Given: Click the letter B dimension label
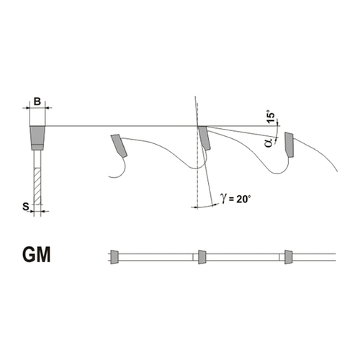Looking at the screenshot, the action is [x=37, y=102].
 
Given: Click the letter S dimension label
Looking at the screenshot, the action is [x=26, y=207].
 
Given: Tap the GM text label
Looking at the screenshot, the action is [x=37, y=255].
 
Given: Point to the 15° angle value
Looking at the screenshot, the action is [x=271, y=117].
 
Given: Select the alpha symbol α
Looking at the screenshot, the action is [x=270, y=143].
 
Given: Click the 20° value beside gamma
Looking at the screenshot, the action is [x=243, y=199].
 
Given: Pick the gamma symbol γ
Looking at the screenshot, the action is [x=224, y=199].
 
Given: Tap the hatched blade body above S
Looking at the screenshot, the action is [x=37, y=186].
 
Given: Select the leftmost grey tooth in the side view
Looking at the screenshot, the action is [x=119, y=145].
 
